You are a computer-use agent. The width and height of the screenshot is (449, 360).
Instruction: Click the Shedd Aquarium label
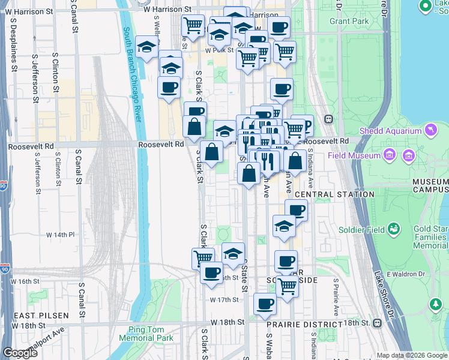tap(390, 131)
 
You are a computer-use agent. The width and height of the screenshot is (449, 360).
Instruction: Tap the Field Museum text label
tap(354, 155)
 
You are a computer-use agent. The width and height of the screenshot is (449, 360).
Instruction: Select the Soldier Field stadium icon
tap(394, 229)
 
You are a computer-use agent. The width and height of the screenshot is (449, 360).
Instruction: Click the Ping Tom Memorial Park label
tap(150, 334)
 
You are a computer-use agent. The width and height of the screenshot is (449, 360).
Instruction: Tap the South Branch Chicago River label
tap(133, 74)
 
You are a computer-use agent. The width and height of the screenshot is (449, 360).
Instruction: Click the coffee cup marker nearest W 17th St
tap(265, 304)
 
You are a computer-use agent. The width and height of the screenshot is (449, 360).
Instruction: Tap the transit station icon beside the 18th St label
tap(377, 323)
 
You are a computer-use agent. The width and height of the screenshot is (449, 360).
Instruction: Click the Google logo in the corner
tap(20, 353)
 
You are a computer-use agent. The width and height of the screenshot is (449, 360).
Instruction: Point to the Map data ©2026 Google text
tap(411, 356)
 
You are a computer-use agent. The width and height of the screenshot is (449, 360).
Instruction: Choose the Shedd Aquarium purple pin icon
tap(430, 129)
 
